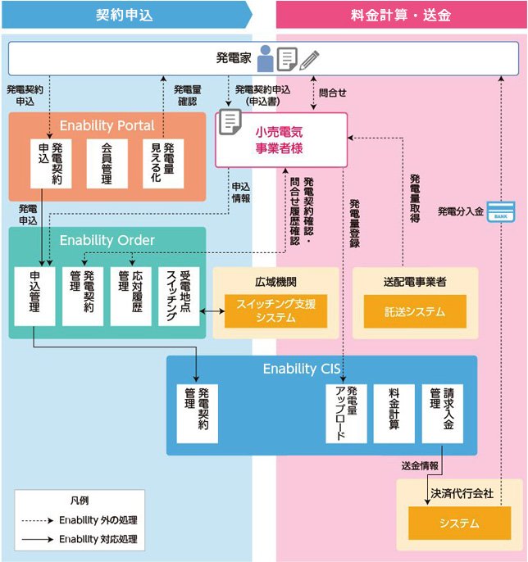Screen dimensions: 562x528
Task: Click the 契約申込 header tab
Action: pos(125,15)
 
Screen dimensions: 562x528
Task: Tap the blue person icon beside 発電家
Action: pos(265,59)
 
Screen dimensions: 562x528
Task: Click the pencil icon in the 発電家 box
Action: pos(309,59)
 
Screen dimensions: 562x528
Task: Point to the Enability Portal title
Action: pos(107,125)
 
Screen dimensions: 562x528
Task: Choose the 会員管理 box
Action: pos(107,164)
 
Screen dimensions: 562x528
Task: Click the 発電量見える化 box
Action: pos(162,164)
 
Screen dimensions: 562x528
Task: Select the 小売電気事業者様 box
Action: pos(280,139)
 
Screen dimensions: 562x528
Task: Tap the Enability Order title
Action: pos(107,240)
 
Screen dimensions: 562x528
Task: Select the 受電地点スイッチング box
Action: pos(179,295)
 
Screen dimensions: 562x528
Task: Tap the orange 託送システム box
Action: pos(415,311)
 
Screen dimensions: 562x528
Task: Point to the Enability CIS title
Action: pos(301,369)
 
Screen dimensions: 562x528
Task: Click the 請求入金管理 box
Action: pos(443,413)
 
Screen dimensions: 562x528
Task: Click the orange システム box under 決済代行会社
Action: pos(458,523)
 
